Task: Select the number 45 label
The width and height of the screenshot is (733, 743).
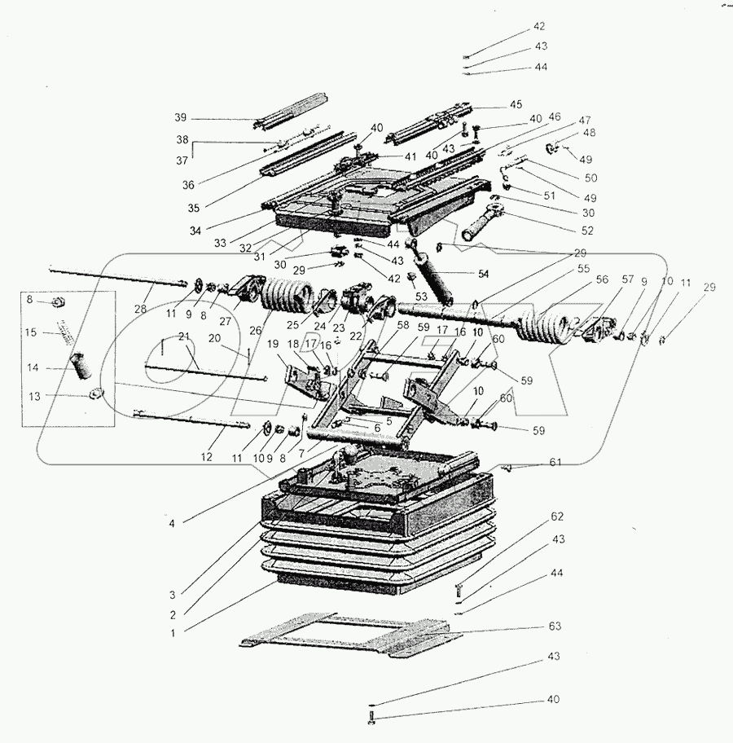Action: coord(516,104)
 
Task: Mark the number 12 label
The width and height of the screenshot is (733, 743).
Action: coord(206,457)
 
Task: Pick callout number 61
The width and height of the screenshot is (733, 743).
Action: coord(555,463)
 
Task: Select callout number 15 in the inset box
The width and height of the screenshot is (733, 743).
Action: coord(30,332)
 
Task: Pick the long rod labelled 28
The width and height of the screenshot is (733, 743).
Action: coord(114,277)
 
